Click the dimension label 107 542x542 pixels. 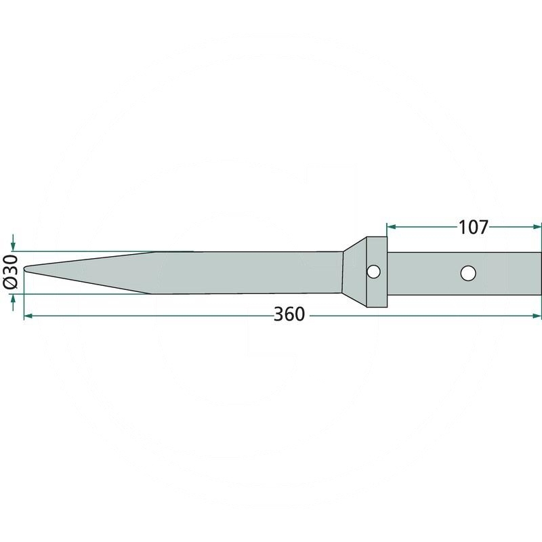tap(474, 228)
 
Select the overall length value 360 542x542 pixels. tap(290, 315)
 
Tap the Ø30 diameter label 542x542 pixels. tap(11, 272)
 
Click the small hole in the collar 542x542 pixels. tap(372, 272)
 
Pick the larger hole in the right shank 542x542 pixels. tap(467, 273)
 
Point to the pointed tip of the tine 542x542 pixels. tap(26, 270)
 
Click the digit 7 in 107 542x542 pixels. tap(482, 228)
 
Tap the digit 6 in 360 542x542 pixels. tap(290, 315)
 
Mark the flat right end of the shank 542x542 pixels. tap(541, 273)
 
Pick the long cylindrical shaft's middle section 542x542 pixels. tap(244, 272)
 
